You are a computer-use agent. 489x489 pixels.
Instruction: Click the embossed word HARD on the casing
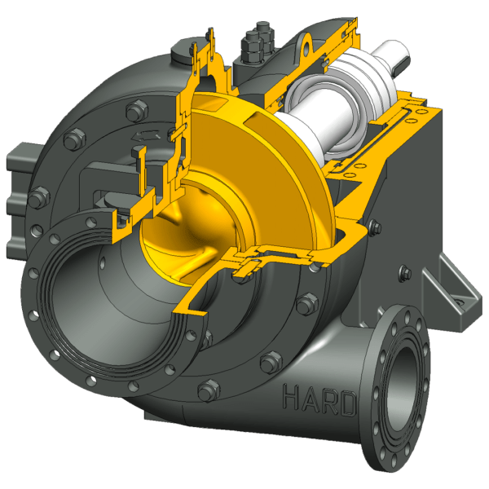(x=319, y=399)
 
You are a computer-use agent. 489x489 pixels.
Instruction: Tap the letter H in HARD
(x=291, y=397)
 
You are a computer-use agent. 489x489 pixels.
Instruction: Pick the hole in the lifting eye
(x=306, y=46)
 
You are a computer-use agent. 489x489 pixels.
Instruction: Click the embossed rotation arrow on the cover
(x=146, y=135)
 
